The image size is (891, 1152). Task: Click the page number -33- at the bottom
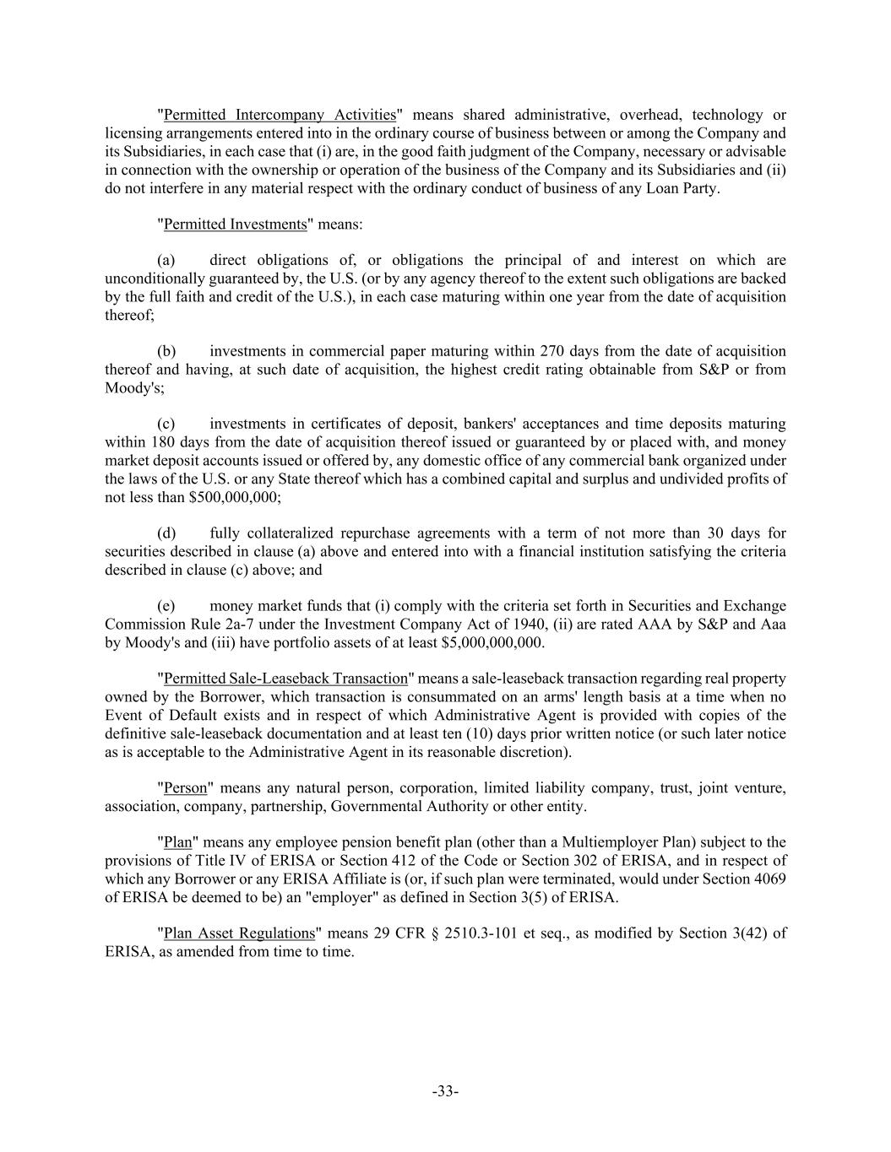[445, 1091]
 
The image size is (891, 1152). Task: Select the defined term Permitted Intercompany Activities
[280, 115]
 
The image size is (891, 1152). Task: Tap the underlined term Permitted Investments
[235, 224]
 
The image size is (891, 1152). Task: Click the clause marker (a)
[166, 260]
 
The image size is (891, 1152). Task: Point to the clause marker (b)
[166, 351]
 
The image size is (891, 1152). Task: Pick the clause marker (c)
[166, 424]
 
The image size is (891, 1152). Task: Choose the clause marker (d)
[166, 533]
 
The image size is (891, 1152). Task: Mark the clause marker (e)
[166, 606]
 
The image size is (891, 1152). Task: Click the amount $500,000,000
[228, 497]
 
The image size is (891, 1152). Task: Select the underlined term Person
[185, 788]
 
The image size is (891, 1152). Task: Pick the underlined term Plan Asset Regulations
[239, 933]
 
